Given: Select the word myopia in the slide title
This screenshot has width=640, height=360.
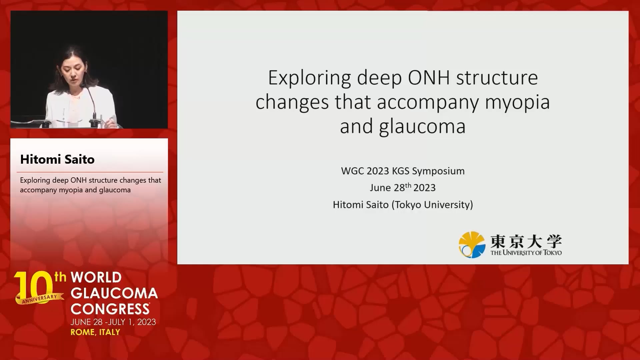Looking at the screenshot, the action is point(517,102).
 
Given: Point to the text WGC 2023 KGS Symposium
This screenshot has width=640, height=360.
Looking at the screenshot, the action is point(403,171).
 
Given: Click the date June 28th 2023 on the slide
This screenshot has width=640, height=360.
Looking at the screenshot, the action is point(403,187).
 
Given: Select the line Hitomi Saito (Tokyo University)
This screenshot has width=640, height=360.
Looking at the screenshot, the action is point(403,204).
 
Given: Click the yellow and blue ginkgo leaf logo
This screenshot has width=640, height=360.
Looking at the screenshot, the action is point(472,245).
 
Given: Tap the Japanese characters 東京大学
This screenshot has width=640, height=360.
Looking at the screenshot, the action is point(526,241).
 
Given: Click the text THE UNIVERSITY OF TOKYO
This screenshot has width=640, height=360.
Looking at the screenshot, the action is point(526,253).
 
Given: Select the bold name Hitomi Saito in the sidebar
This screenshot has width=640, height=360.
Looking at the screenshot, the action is point(57,159).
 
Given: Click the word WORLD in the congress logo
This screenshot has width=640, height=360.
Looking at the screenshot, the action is point(96,277).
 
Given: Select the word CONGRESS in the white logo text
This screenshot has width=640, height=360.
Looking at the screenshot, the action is point(110,309).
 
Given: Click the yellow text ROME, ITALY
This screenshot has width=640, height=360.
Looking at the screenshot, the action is point(95,332).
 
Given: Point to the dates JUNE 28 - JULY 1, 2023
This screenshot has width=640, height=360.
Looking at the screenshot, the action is point(113,322).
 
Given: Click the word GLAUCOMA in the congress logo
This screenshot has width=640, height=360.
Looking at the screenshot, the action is point(114,293).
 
